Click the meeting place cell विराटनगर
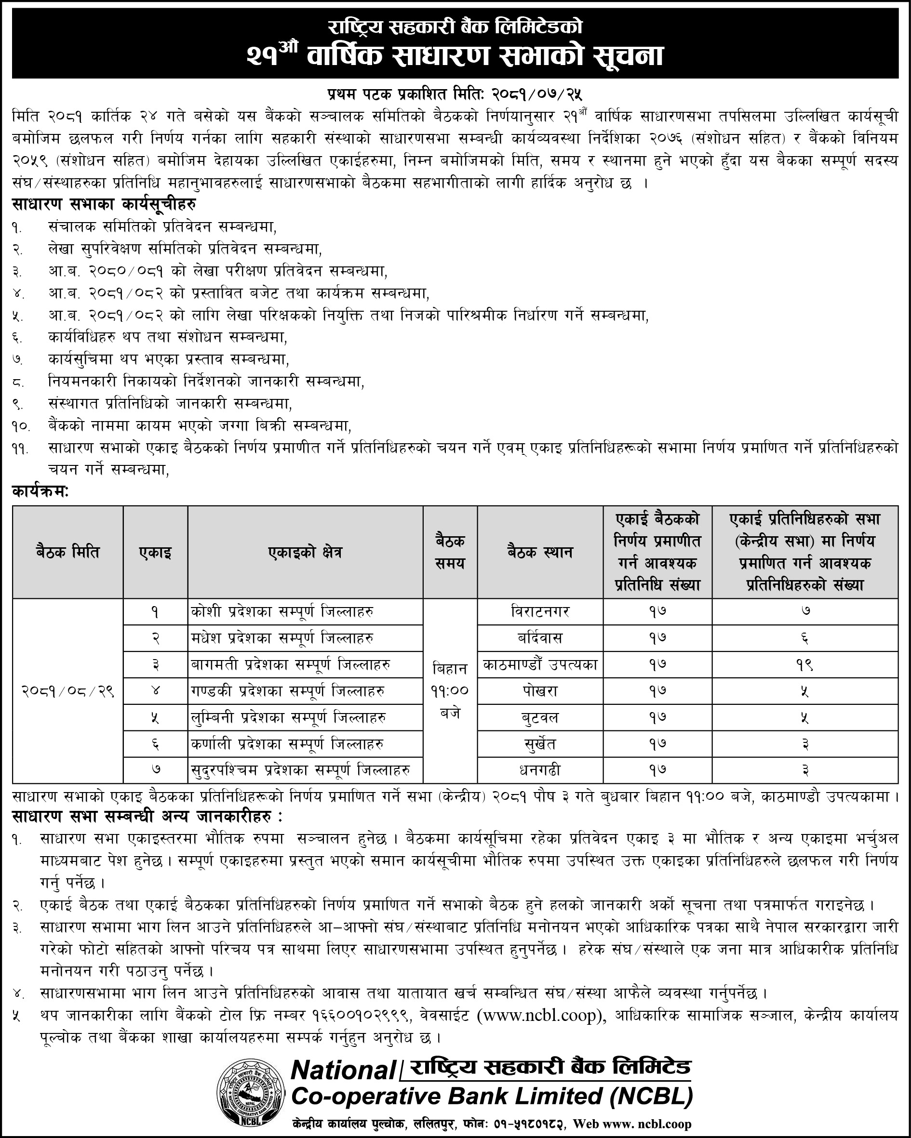540,612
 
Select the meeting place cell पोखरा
540,691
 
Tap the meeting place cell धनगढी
540,770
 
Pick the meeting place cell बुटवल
540,717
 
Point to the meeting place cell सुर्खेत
540,744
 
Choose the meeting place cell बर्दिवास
540,638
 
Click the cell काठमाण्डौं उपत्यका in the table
540,664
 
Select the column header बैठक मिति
67,552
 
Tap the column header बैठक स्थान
540,552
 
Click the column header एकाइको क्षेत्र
305,552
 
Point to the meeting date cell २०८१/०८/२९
68,691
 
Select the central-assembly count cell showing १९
804,664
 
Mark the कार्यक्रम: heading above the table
40,491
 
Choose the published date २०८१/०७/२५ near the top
536,94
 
